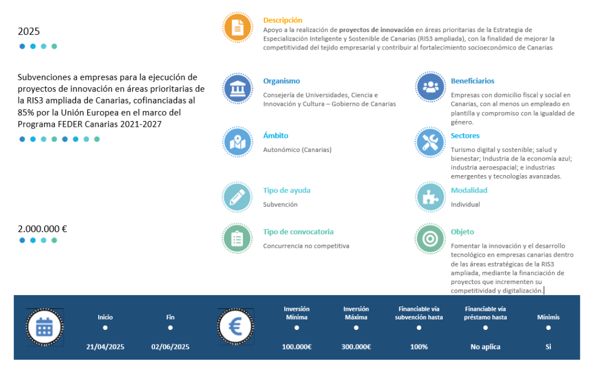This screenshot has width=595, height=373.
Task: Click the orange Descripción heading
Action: tap(282, 20)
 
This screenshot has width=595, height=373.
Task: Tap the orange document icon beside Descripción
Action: tap(237, 27)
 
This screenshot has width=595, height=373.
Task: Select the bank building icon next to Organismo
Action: tap(237, 88)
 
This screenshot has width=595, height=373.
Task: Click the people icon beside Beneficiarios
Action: tap(431, 87)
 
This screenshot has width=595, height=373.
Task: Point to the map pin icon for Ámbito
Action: tap(237, 141)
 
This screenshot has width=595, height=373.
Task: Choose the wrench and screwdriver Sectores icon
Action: tap(431, 141)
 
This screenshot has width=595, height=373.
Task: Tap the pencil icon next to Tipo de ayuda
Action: tap(237, 196)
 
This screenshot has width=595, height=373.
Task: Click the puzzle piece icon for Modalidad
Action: tap(431, 196)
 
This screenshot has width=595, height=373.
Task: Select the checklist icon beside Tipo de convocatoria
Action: tap(237, 238)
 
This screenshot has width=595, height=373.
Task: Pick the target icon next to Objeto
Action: tap(431, 238)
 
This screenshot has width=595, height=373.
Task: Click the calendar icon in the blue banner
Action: tap(45, 327)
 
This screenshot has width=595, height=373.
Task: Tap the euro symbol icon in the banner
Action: tap(235, 327)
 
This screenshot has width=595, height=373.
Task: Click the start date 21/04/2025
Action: tap(105, 347)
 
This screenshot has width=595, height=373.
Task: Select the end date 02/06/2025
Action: tap(170, 347)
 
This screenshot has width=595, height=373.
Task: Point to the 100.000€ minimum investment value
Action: tap(297, 347)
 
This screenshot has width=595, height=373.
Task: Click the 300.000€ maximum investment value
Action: tap(356, 347)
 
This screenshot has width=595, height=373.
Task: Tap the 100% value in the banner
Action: tap(419, 347)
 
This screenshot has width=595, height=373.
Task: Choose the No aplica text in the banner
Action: tap(485, 347)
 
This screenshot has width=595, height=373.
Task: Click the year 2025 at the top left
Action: tap(29, 31)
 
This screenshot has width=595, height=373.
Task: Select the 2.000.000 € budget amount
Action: tap(42, 229)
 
